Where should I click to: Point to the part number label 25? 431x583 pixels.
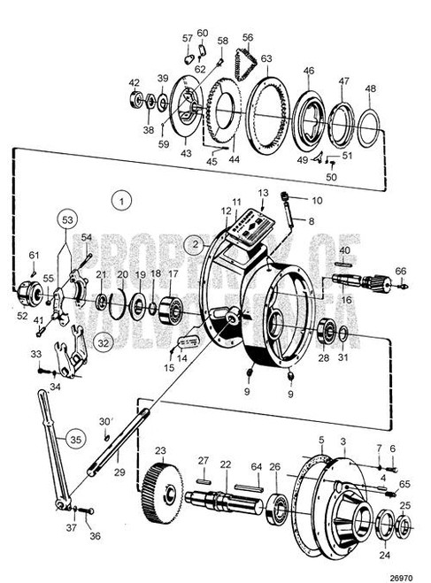click(404, 505)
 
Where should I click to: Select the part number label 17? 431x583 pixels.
click(173, 274)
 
